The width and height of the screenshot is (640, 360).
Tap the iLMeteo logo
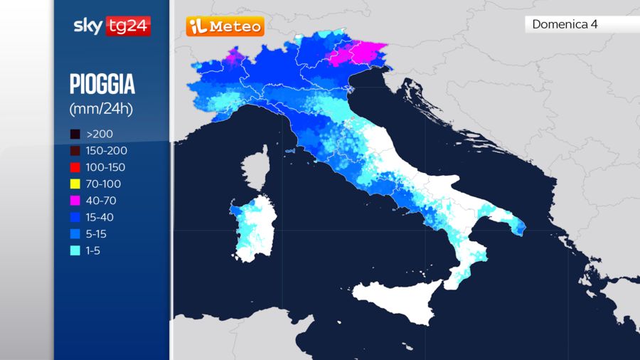click(x=225, y=27)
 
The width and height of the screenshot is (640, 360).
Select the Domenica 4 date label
click(x=565, y=24)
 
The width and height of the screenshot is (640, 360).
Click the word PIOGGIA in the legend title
click(x=102, y=85)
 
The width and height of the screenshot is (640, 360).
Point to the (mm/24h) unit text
click(x=101, y=109)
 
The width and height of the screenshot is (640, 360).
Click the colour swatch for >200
click(x=75, y=134)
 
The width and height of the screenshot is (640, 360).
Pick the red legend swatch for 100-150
click(x=75, y=167)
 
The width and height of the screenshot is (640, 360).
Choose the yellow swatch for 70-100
click(x=75, y=184)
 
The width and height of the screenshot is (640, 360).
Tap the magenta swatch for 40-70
click(x=75, y=201)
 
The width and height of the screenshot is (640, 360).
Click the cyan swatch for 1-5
click(x=75, y=250)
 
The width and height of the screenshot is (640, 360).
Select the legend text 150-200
click(x=107, y=151)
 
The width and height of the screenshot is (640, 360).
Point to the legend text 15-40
click(x=100, y=217)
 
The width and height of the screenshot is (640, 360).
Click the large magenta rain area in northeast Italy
click(x=360, y=53)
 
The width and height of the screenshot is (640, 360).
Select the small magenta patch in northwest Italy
click(x=233, y=55)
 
